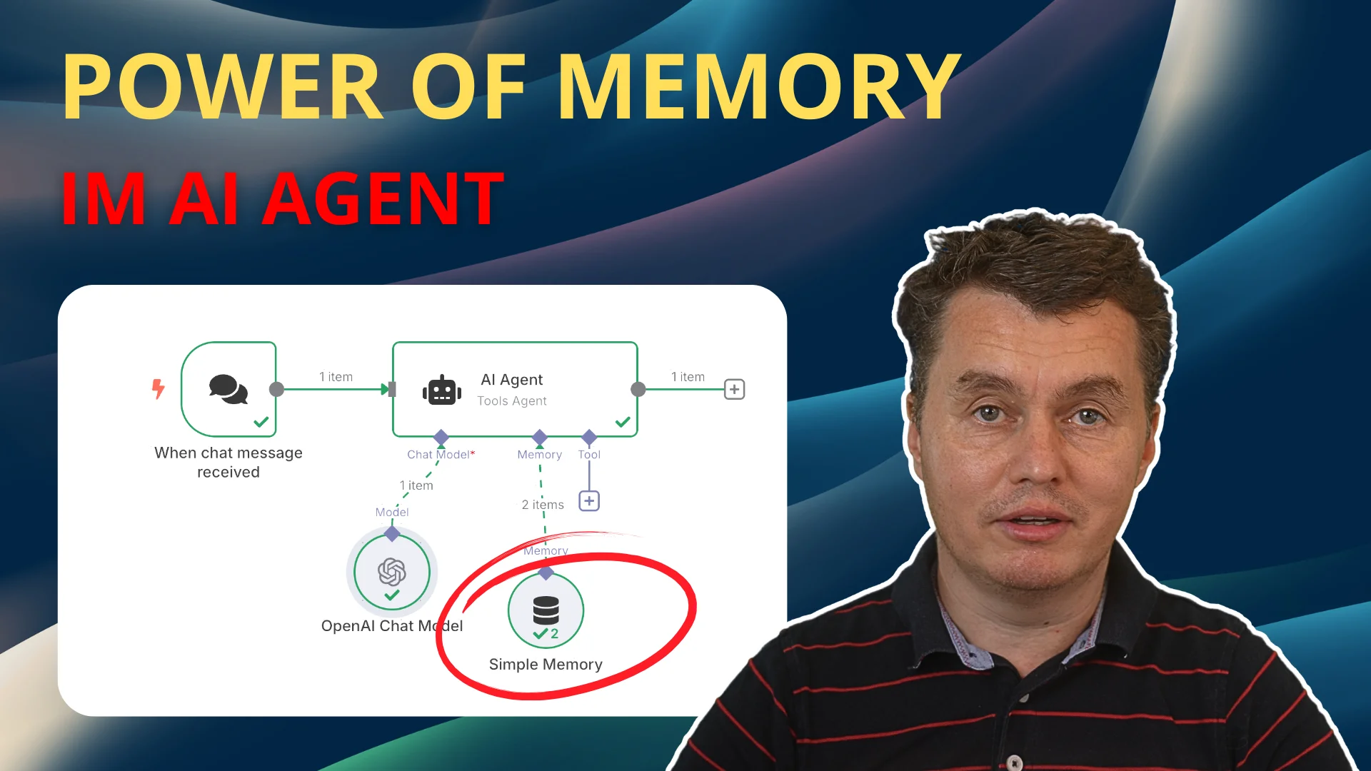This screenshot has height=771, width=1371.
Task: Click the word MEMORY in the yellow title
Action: click(758, 87)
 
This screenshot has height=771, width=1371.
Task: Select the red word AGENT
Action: click(384, 199)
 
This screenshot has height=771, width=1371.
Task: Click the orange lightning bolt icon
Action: click(159, 389)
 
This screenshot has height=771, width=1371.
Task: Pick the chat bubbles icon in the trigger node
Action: click(228, 389)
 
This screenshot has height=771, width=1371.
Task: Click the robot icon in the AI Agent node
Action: click(442, 390)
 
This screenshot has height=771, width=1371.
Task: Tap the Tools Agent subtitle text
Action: click(512, 401)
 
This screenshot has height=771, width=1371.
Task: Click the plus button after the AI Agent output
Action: click(734, 389)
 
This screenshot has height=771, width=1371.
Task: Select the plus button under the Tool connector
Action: click(589, 501)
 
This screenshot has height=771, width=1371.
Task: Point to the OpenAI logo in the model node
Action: click(392, 571)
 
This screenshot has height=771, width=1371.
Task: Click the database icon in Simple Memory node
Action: click(546, 610)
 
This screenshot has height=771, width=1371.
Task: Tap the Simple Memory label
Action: click(546, 665)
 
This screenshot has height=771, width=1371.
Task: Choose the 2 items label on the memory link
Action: click(543, 505)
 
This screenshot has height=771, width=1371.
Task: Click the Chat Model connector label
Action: click(438, 455)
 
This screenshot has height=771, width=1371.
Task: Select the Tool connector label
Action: click(589, 455)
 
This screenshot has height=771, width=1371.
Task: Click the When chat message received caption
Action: click(228, 463)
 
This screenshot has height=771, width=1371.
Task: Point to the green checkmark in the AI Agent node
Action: click(623, 422)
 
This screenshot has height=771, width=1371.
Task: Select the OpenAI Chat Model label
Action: click(392, 626)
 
